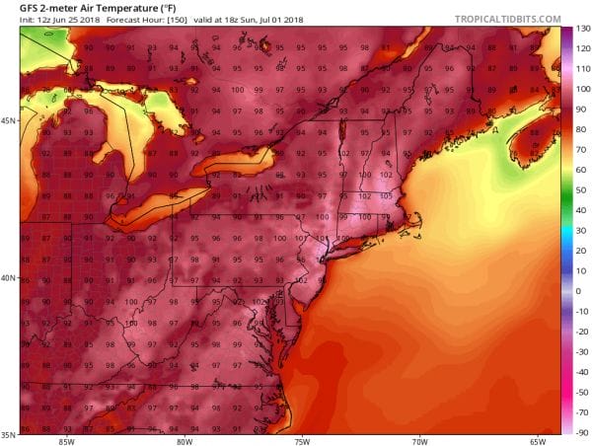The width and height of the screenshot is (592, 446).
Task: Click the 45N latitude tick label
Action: tap(9, 120)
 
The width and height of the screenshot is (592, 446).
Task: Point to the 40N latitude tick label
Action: tap(9, 277)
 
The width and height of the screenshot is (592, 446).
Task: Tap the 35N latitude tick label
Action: tap(9, 433)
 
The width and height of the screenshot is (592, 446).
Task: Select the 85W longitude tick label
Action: tap(66, 440)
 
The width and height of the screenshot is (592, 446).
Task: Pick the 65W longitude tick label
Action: tap(538, 440)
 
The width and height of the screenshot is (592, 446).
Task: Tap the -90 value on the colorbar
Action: tap(581, 432)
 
